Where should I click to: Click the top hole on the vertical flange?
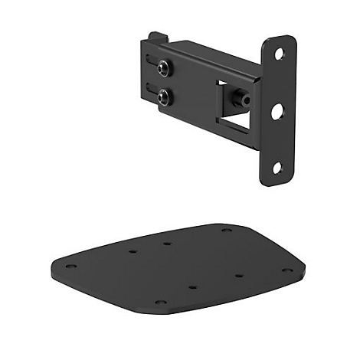(x=280, y=54)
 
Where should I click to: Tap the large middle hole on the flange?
(x=277, y=111)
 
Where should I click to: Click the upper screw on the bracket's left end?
(x=164, y=70)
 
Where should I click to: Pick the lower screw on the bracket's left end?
(x=163, y=97)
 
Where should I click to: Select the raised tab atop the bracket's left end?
(x=157, y=37)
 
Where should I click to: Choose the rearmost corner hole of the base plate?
(x=226, y=229)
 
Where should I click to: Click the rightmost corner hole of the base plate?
(x=286, y=270)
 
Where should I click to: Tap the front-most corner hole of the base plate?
(x=160, y=302)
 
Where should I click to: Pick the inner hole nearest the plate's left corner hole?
(x=133, y=250)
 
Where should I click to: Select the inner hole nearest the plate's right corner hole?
(x=238, y=275)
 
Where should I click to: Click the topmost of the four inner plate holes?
(x=167, y=244)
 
